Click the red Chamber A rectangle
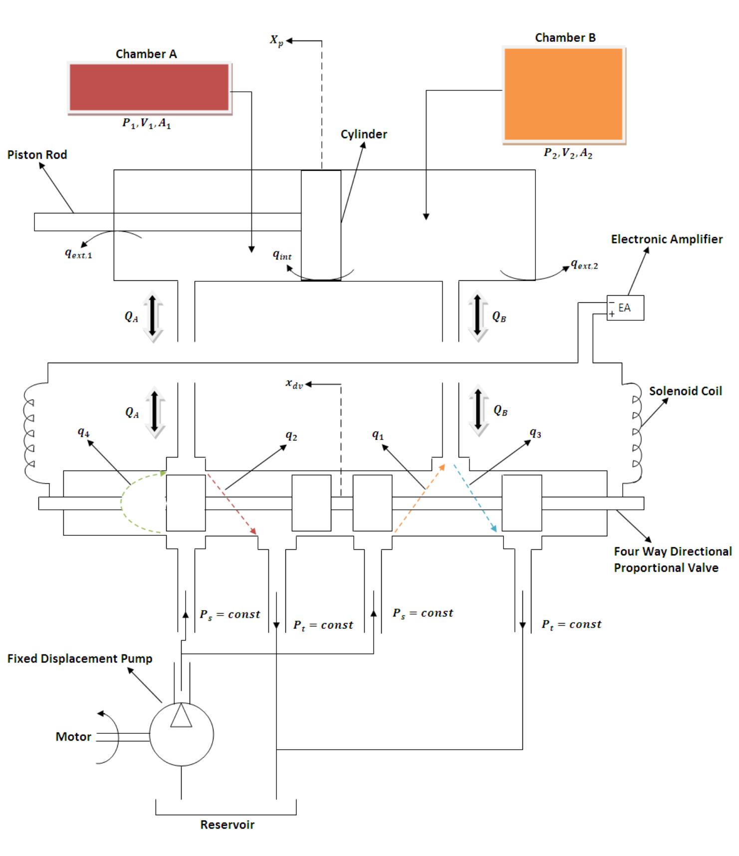pyautogui.click(x=149, y=88)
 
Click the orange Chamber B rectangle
pyautogui.click(x=563, y=94)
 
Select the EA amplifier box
pyautogui.click(x=625, y=308)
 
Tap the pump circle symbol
pyautogui.click(x=181, y=734)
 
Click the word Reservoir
pyautogui.click(x=227, y=825)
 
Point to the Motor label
pyautogui.click(x=73, y=737)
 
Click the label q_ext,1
pyautogui.click(x=78, y=253)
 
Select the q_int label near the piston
pyautogui.click(x=282, y=255)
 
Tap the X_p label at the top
pyautogui.click(x=276, y=40)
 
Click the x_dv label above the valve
pyautogui.click(x=294, y=384)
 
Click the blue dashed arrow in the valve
pyautogui.click(x=475, y=498)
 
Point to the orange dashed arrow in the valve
pyautogui.click(x=419, y=499)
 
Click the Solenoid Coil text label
pyautogui.click(x=685, y=391)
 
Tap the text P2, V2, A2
pyautogui.click(x=568, y=154)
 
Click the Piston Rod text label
pyautogui.click(x=37, y=155)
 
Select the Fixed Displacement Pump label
pyautogui.click(x=79, y=658)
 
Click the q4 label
pyautogui.click(x=83, y=432)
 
